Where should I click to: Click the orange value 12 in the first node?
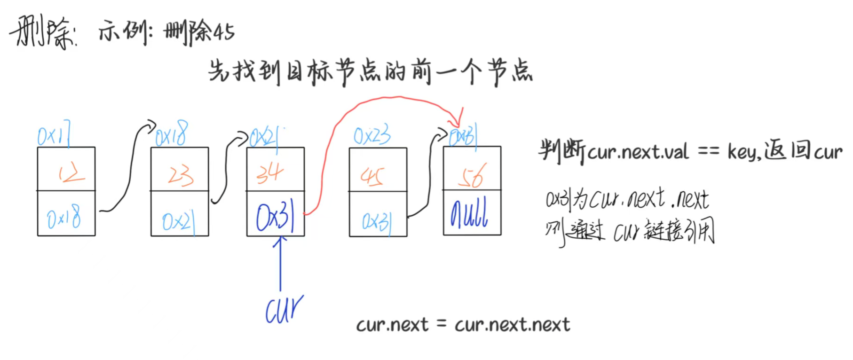tap(71, 174)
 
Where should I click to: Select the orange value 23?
tap(181, 176)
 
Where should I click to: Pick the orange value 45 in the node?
tap(372, 177)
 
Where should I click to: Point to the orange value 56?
tap(471, 176)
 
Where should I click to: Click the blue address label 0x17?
tap(54, 136)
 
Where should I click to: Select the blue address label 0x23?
tap(371, 136)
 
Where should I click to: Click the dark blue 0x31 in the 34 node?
tap(275, 218)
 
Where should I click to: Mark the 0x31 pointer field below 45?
tap(376, 221)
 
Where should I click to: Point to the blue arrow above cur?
tap(280, 263)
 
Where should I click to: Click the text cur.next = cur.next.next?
tap(463, 325)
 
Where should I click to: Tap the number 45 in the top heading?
tap(224, 32)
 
